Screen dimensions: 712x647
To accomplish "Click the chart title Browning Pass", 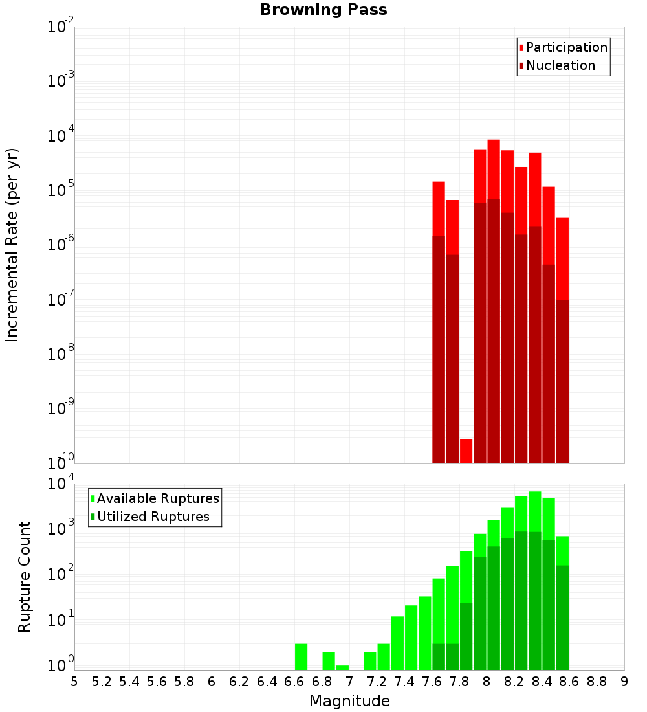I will tap(323, 10).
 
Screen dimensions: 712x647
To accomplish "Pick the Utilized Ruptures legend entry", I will tap(153, 517).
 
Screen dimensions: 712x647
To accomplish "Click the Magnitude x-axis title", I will tap(349, 701).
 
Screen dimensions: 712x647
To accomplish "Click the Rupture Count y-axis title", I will tap(25, 577).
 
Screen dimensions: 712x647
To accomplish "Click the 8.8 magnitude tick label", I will tap(597, 682).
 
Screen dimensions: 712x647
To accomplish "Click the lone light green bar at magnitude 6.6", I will tap(301, 656).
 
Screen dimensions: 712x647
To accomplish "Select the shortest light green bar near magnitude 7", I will tap(342, 667).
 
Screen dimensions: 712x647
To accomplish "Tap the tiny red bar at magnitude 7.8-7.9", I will tap(466, 451).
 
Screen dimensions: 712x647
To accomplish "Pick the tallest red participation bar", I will tap(494, 168).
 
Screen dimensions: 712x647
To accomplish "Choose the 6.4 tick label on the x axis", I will tap(267, 682).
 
